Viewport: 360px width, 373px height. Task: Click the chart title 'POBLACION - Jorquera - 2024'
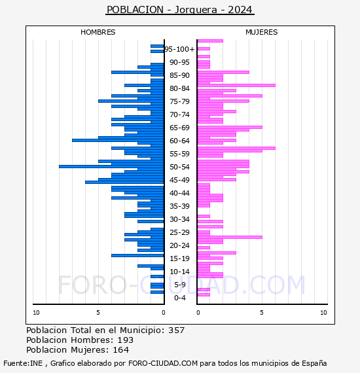pos(179,10)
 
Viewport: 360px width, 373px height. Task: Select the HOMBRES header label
pos(98,32)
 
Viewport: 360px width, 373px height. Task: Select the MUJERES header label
pos(261,32)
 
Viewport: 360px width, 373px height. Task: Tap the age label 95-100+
pos(179,49)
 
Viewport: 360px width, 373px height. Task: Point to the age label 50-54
pos(179,167)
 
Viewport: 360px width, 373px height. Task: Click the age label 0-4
pos(179,298)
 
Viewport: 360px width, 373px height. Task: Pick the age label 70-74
pos(179,115)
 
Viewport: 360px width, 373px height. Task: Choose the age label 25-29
pos(179,232)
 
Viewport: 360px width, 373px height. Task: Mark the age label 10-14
pos(179,272)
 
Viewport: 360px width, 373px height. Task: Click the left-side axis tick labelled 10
pos(36,313)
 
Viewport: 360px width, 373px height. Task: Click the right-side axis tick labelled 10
pos(323,313)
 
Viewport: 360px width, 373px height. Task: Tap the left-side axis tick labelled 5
pos(98,313)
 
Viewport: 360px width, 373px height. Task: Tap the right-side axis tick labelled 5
pos(261,313)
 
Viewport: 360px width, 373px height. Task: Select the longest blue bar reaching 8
pos(111,166)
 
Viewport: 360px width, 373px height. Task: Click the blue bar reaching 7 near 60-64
pos(118,140)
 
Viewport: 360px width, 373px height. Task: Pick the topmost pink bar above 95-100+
pos(210,41)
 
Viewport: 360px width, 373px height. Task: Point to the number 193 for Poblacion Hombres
pos(124,340)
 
